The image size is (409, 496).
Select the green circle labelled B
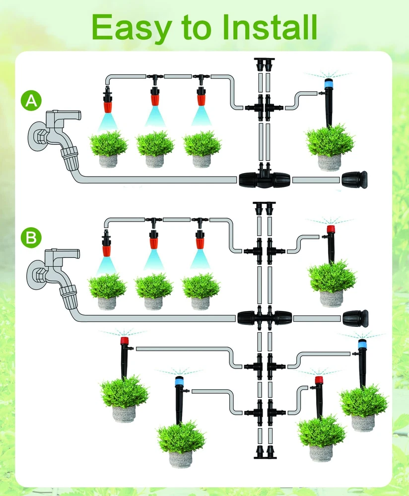[x=31, y=238]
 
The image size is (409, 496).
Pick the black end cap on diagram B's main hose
[x=355, y=318]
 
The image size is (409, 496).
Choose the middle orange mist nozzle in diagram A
[x=155, y=96]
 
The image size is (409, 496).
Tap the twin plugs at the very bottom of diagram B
[x=264, y=452]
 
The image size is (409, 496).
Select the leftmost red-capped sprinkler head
[x=124, y=342]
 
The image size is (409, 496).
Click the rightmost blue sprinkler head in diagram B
[x=362, y=344]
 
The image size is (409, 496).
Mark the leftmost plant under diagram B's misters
[x=107, y=286]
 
